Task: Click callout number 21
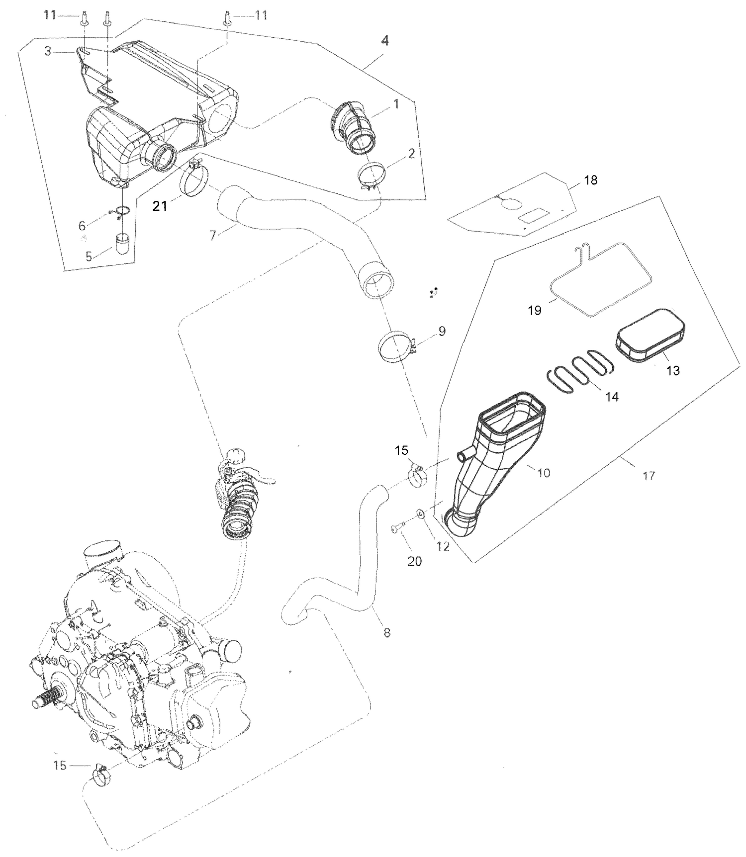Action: [160, 206]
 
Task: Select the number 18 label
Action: [590, 180]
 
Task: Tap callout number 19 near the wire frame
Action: [534, 311]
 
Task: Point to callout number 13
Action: [672, 371]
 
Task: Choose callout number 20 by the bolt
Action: [414, 561]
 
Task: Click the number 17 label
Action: [649, 476]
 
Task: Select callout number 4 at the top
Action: [384, 41]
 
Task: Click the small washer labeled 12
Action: [420, 513]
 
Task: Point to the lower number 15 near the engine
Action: [60, 766]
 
